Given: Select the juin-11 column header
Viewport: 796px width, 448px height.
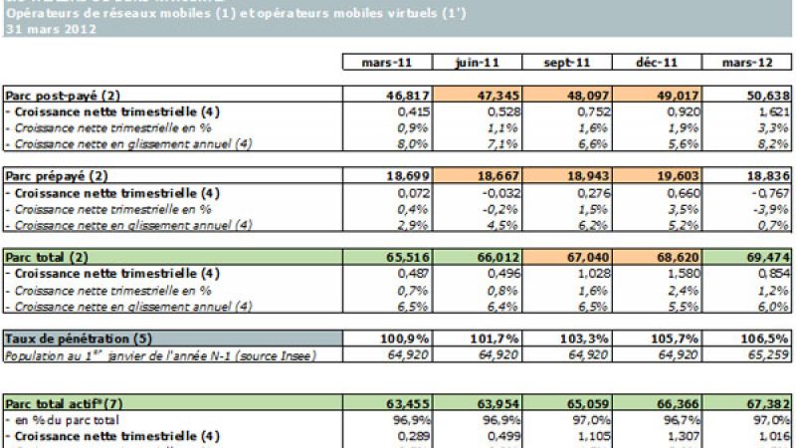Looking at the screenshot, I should [476, 62].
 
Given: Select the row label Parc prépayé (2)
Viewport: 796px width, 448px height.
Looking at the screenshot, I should [60, 175].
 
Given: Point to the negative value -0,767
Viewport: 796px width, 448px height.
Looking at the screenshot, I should [765, 192].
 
